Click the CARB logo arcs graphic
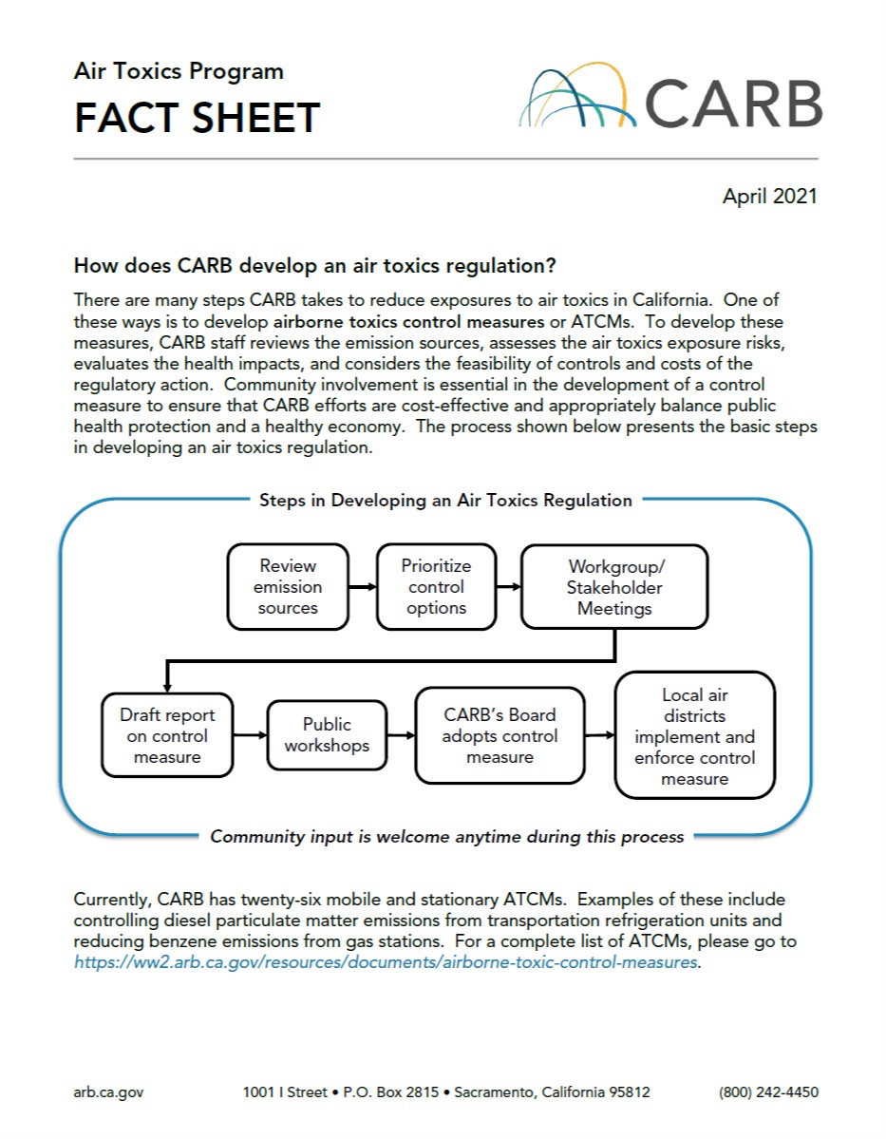pyautogui.click(x=576, y=97)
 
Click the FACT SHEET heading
pyautogui.click(x=197, y=118)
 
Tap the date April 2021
pyautogui.click(x=769, y=197)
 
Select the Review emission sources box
pyautogui.click(x=288, y=587)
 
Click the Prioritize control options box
pyautogui.click(x=436, y=587)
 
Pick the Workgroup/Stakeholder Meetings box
pyautogui.click(x=614, y=587)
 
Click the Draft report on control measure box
pyautogui.click(x=167, y=736)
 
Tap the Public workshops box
pyautogui.click(x=327, y=735)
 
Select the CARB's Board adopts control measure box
pyautogui.click(x=500, y=736)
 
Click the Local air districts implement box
pyautogui.click(x=694, y=736)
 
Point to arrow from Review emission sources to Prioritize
pyautogui.click(x=363, y=587)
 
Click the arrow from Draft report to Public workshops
pyautogui.click(x=250, y=735)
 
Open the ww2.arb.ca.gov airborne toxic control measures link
pyautogui.click(x=386, y=961)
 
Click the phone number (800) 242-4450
pyautogui.click(x=768, y=1092)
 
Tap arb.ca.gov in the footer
pyautogui.click(x=108, y=1092)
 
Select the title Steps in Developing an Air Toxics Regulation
pyautogui.click(x=445, y=501)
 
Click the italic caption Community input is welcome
pyautogui.click(x=446, y=837)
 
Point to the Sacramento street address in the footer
pyautogui.click(x=446, y=1092)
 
